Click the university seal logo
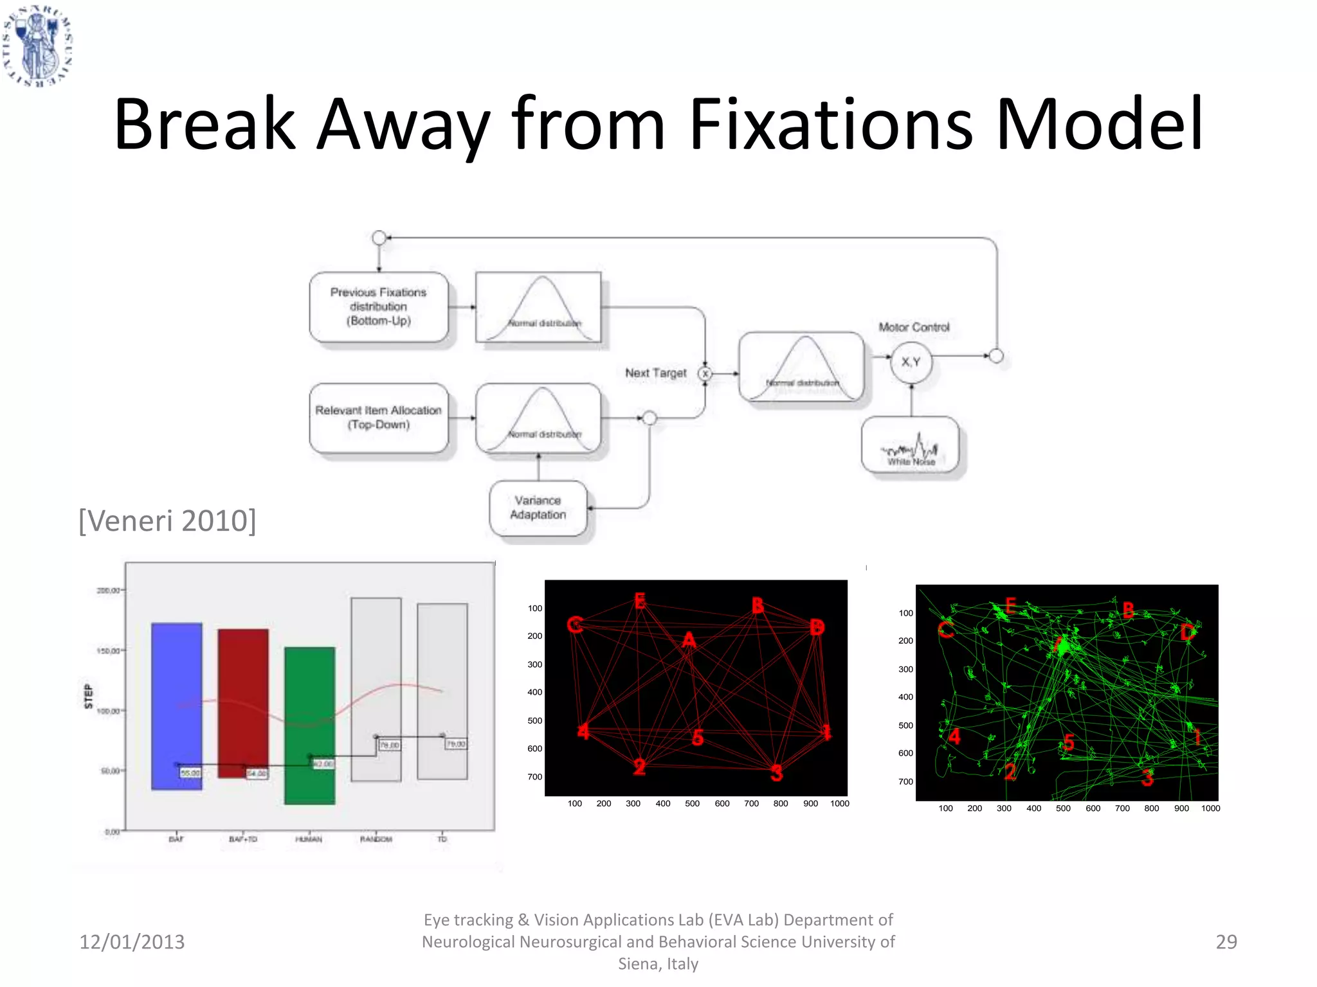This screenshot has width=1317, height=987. [x=37, y=44]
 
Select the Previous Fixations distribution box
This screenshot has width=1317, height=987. [x=379, y=307]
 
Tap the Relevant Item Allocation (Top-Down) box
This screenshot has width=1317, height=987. [x=379, y=418]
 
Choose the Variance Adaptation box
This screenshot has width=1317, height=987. [x=538, y=508]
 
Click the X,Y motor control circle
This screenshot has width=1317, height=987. [x=911, y=362]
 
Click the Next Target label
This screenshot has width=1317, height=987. [x=656, y=373]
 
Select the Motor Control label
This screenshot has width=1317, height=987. [x=914, y=327]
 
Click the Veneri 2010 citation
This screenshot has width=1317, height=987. [x=167, y=520]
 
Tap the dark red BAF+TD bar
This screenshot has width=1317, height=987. [x=243, y=703]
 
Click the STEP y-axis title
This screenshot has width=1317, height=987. [x=89, y=697]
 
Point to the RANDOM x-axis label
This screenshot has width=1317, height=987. [x=376, y=839]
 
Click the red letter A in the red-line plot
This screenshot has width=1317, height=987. [x=689, y=641]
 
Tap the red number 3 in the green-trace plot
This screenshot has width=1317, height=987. [x=1147, y=778]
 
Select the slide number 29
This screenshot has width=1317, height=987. [x=1226, y=941]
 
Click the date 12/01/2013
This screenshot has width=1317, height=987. [x=132, y=941]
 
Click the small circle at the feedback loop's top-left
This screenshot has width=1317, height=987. [x=379, y=238]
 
